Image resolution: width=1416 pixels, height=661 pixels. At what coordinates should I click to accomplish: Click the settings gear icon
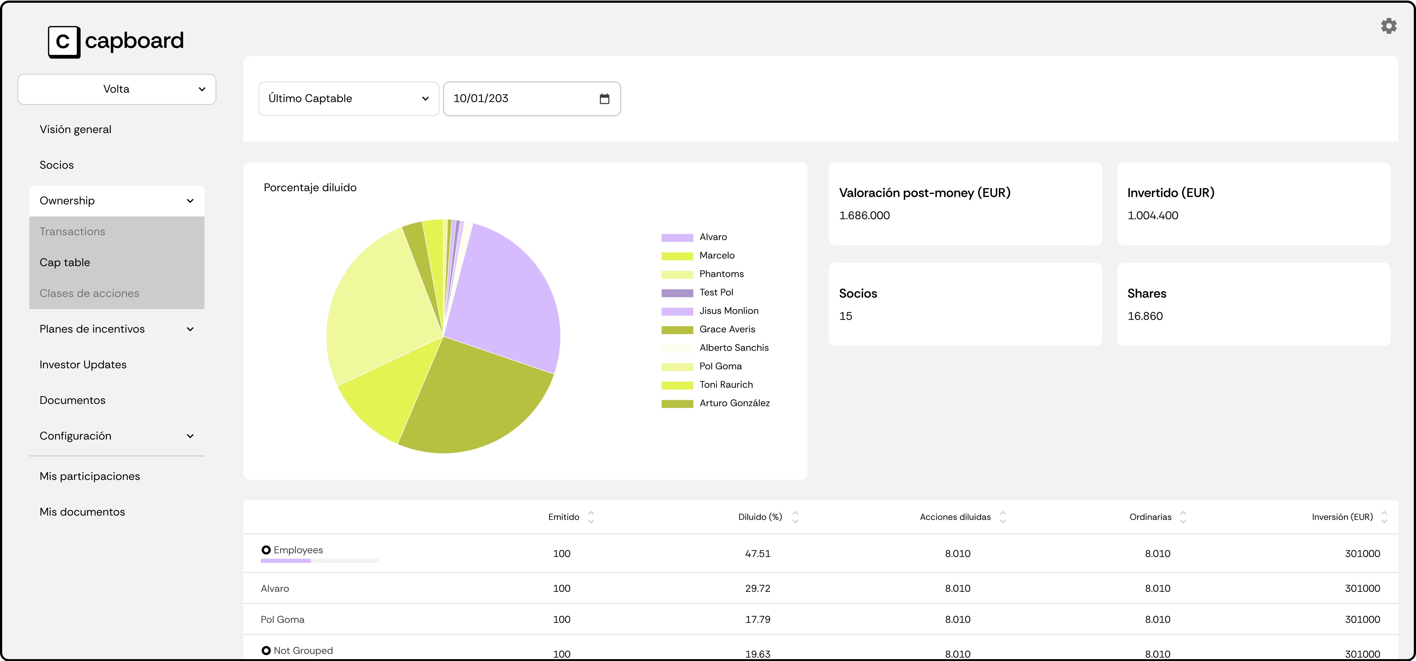tap(1388, 26)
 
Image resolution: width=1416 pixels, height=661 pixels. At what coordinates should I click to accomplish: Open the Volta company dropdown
tap(117, 89)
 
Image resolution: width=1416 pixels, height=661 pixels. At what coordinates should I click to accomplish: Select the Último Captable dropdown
tap(349, 98)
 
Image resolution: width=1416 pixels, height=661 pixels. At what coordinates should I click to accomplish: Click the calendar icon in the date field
tap(604, 99)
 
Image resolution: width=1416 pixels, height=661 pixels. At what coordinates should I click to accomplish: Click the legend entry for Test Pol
tap(716, 292)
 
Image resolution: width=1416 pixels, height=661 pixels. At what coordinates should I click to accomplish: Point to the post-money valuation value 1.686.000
tap(864, 215)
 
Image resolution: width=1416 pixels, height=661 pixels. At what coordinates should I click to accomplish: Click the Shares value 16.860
tap(1145, 316)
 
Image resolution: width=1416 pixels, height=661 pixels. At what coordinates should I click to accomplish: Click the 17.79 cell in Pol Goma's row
tap(757, 619)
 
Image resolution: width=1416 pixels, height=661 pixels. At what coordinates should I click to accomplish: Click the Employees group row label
tap(298, 550)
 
